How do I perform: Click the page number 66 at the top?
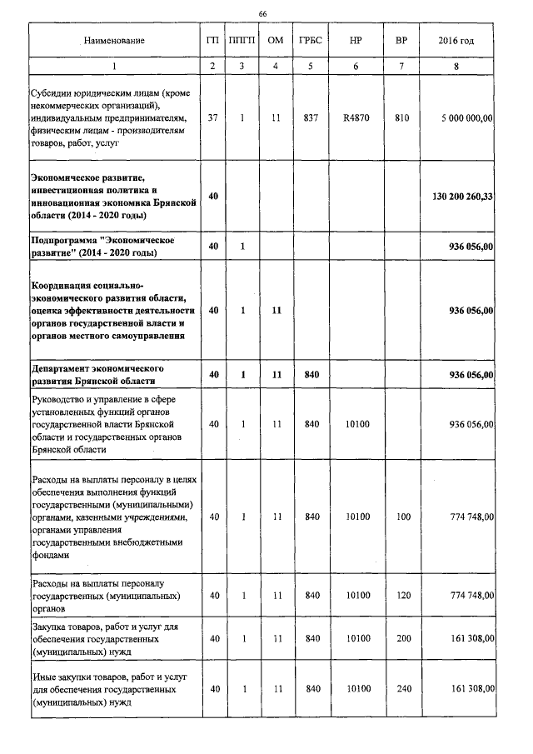pyautogui.click(x=263, y=14)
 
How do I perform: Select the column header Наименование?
pyautogui.click(x=114, y=41)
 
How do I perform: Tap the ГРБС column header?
pyautogui.click(x=311, y=41)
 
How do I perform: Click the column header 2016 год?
pyautogui.click(x=456, y=41)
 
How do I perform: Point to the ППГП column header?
pyautogui.click(x=242, y=41)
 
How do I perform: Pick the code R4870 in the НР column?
pyautogui.click(x=356, y=118)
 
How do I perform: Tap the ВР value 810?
pyautogui.click(x=402, y=118)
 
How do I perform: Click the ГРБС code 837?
pyautogui.click(x=311, y=118)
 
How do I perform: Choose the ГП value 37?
pyautogui.click(x=213, y=118)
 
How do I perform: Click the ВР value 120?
pyautogui.click(x=403, y=596)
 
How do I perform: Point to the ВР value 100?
pyautogui.click(x=403, y=517)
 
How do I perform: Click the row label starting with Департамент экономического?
pyautogui.click(x=97, y=374)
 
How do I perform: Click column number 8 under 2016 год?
pyautogui.click(x=456, y=67)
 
